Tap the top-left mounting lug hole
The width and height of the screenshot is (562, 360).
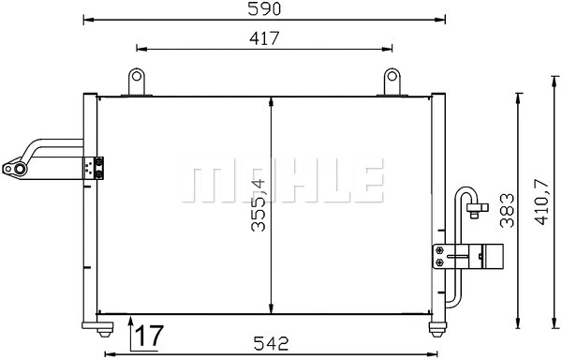[x=137, y=77]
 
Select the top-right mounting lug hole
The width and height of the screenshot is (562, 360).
[x=392, y=77]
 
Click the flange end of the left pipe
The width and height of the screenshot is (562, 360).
[x=14, y=170]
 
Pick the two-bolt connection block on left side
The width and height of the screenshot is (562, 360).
[x=95, y=169]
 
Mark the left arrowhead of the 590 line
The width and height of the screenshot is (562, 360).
[x=87, y=18]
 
